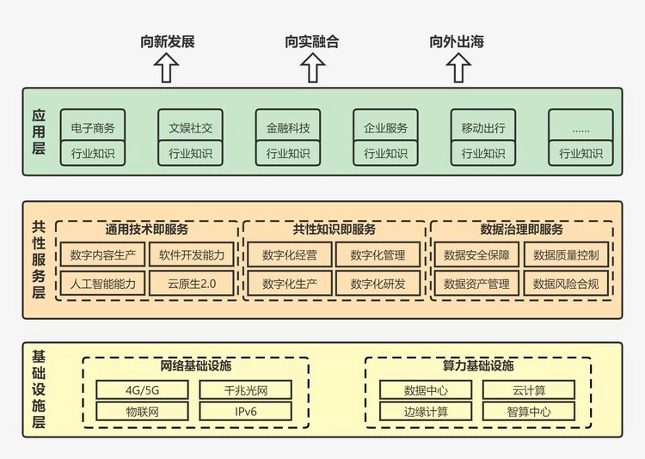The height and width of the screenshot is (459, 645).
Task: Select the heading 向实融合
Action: (x=311, y=41)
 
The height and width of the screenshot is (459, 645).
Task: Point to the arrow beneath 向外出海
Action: (x=456, y=68)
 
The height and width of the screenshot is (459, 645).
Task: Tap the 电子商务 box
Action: (x=93, y=128)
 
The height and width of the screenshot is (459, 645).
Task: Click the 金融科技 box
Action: (x=288, y=128)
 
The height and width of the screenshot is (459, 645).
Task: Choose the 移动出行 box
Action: (x=483, y=128)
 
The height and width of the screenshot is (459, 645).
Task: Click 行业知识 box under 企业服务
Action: (x=385, y=154)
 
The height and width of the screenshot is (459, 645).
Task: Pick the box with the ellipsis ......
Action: (x=580, y=128)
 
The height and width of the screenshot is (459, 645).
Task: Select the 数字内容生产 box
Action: (x=102, y=254)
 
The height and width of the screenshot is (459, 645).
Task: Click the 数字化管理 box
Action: (x=378, y=254)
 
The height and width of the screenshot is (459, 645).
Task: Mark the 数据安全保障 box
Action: (x=476, y=254)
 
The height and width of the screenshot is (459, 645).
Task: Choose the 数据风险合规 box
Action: (x=567, y=283)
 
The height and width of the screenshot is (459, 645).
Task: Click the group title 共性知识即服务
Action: (x=334, y=229)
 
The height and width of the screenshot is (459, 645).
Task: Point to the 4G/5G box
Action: (x=142, y=390)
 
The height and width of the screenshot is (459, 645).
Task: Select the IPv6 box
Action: (x=246, y=411)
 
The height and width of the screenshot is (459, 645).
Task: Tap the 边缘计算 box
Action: (x=426, y=411)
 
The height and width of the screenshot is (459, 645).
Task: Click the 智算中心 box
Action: (x=529, y=411)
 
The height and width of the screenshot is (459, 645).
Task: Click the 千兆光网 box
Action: (x=246, y=390)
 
